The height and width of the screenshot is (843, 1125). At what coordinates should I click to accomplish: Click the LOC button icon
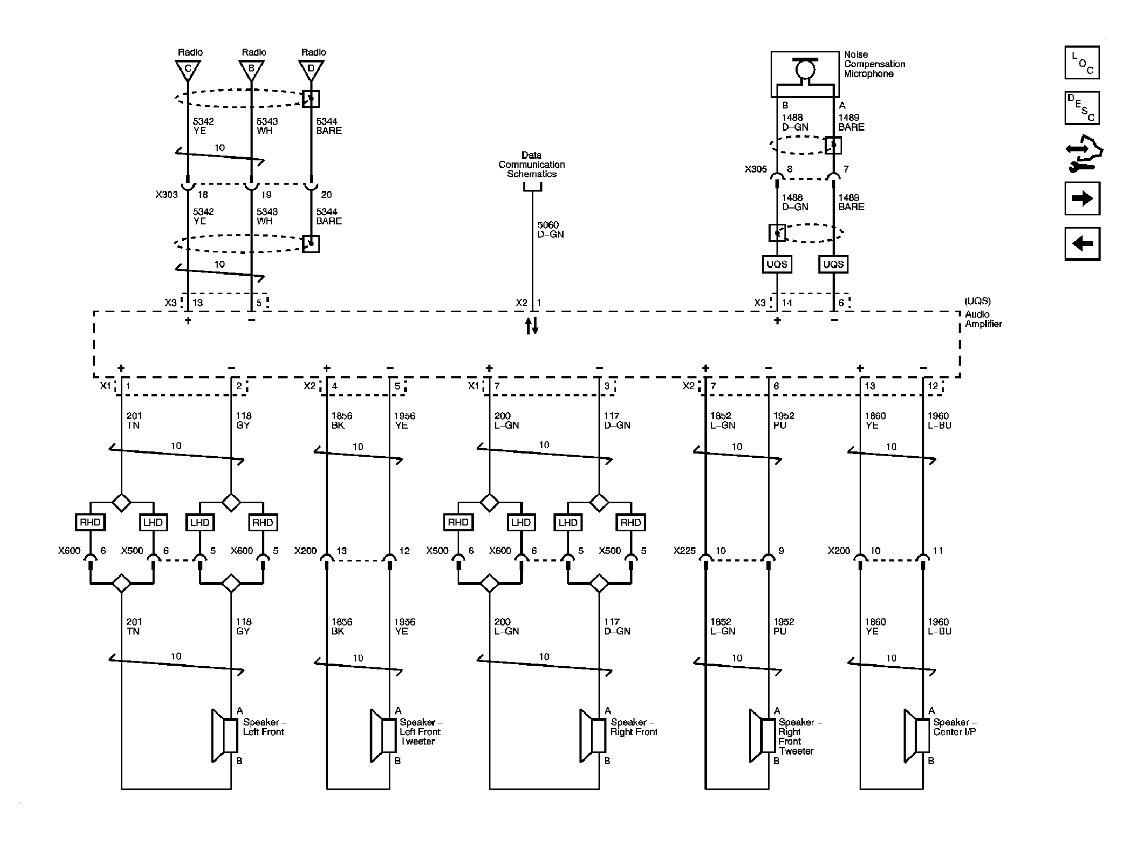1082,62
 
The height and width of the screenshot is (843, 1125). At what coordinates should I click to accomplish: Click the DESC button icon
1082,108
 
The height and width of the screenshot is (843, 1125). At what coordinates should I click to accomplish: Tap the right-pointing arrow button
1082,198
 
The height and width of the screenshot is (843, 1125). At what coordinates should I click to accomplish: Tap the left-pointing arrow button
1082,244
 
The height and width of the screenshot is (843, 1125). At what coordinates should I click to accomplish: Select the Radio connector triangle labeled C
187,69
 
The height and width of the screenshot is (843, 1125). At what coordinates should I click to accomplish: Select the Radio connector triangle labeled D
311,69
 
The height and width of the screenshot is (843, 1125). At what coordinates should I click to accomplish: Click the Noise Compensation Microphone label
874,64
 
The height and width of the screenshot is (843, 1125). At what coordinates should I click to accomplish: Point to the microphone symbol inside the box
805,69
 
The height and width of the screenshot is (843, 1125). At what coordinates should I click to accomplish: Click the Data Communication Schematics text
531,165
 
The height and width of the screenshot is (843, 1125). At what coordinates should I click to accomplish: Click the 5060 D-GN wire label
550,230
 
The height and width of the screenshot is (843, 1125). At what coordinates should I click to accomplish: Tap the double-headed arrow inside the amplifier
532,326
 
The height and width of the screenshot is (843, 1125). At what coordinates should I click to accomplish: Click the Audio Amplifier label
983,319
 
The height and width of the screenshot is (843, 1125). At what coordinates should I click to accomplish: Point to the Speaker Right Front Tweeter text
799,736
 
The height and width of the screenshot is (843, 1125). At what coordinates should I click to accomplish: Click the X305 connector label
755,169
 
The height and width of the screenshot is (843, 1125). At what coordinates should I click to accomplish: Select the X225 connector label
684,551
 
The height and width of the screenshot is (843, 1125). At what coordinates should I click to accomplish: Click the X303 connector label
166,194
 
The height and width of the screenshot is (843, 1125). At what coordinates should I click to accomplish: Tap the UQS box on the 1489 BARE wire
833,264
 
